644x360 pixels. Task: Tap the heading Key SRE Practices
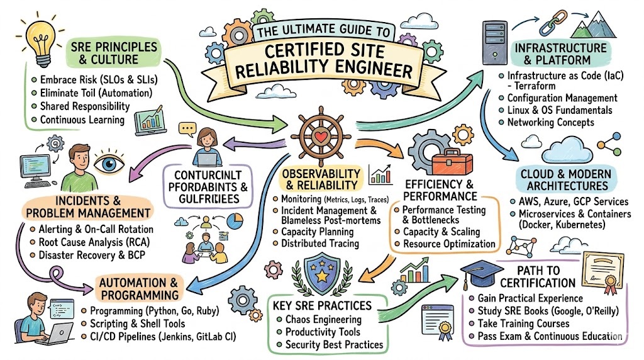323,306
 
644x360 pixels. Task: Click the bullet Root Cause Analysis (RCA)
97,242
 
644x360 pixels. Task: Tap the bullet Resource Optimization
449,244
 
